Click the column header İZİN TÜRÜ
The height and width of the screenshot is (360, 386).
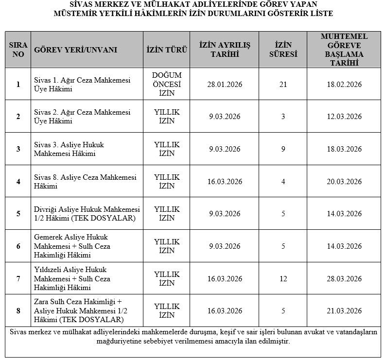coord(167,50)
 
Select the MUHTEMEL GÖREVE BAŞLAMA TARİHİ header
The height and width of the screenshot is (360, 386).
coord(344,50)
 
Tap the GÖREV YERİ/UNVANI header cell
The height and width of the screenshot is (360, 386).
coord(75,50)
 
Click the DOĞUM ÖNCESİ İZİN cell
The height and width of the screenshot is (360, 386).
coord(167,84)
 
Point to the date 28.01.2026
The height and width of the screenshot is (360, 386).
coord(225,85)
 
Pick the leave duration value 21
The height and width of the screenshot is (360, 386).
coord(283,85)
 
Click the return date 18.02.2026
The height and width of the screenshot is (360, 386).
coord(344,85)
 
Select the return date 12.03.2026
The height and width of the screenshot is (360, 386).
coord(344,117)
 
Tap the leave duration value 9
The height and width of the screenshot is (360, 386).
coord(283,149)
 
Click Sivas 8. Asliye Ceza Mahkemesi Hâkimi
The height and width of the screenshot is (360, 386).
coord(85,181)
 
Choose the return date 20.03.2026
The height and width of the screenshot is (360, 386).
coord(344,182)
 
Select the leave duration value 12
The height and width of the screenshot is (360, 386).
coord(283,279)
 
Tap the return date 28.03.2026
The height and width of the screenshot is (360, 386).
coord(344,279)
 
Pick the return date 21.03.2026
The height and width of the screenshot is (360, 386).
coord(344,311)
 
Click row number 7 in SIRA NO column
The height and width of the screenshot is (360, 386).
coord(18,279)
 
